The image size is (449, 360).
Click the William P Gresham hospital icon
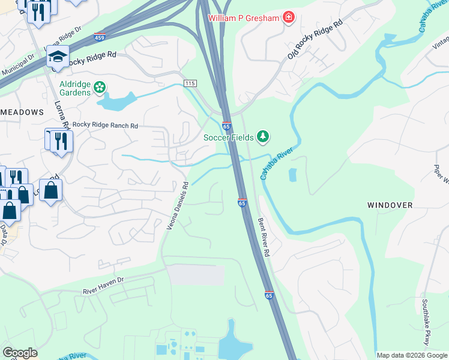289,17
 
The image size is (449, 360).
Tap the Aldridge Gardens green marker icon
100,87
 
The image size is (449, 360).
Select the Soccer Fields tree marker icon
262,137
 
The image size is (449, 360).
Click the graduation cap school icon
58,56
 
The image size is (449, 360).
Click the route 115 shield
190,83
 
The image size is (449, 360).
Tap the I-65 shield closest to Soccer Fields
226,126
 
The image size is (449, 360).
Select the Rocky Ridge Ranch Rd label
105,125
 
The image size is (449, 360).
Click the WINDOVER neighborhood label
390,205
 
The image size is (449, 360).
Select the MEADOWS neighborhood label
22,112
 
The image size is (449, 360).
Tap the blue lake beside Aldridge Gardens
118,103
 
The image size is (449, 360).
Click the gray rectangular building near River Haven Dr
195,275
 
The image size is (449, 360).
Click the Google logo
20,353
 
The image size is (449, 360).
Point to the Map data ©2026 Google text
412,355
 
